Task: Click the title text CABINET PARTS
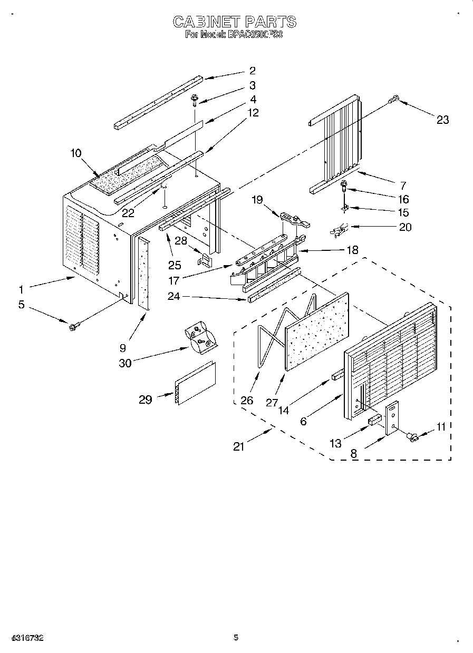point(235,22)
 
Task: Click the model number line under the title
point(235,35)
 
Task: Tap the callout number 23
point(442,120)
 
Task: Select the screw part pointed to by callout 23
point(394,99)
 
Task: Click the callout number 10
point(76,153)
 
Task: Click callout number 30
point(126,363)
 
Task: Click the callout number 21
point(239,447)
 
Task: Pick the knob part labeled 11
point(412,436)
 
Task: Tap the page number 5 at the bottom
point(236,638)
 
